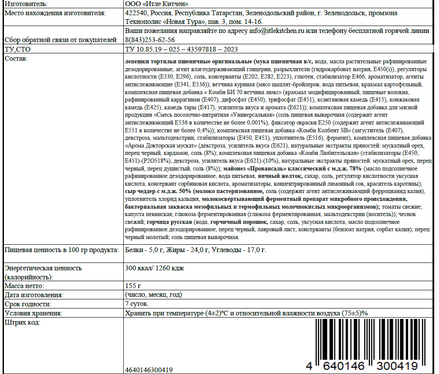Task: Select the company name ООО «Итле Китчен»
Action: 156,4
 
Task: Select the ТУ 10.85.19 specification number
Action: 181,49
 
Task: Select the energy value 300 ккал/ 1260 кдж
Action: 155,268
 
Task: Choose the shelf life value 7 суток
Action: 137,304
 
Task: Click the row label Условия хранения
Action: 33,313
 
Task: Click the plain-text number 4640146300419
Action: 149,370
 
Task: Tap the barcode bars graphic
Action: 366,341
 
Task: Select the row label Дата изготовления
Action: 33,295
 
